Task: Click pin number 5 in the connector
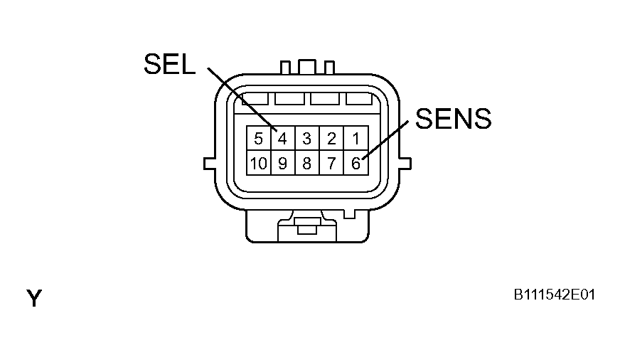tap(259, 139)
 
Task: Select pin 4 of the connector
tap(283, 139)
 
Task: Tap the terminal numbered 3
tap(307, 139)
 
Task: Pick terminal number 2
tap(332, 139)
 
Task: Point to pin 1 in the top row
tap(356, 139)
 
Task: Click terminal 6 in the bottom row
tap(356, 163)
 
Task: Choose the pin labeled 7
tap(332, 163)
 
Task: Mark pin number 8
tap(307, 163)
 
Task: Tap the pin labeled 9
tap(283, 163)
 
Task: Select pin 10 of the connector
tap(259, 163)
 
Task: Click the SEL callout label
tap(170, 64)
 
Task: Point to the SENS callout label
tap(453, 118)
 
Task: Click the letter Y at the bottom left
tap(34, 298)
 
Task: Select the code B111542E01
tap(554, 295)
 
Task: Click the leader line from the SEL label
tap(242, 100)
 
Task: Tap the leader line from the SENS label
tap(385, 139)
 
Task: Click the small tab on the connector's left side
tap(210, 164)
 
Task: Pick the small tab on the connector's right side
tap(405, 164)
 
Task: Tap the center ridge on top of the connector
tap(307, 66)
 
